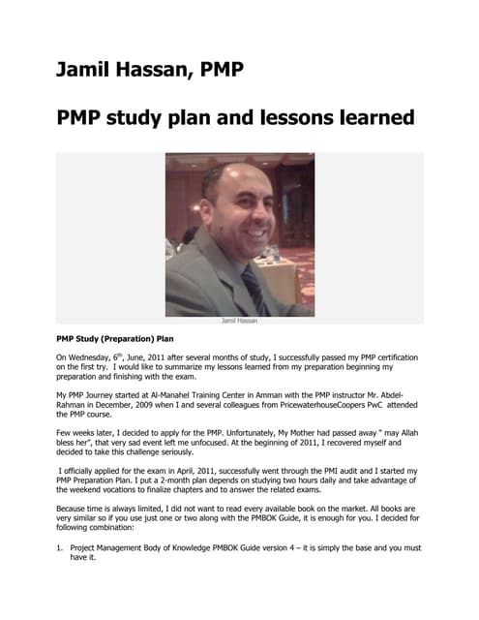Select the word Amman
[277, 396]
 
